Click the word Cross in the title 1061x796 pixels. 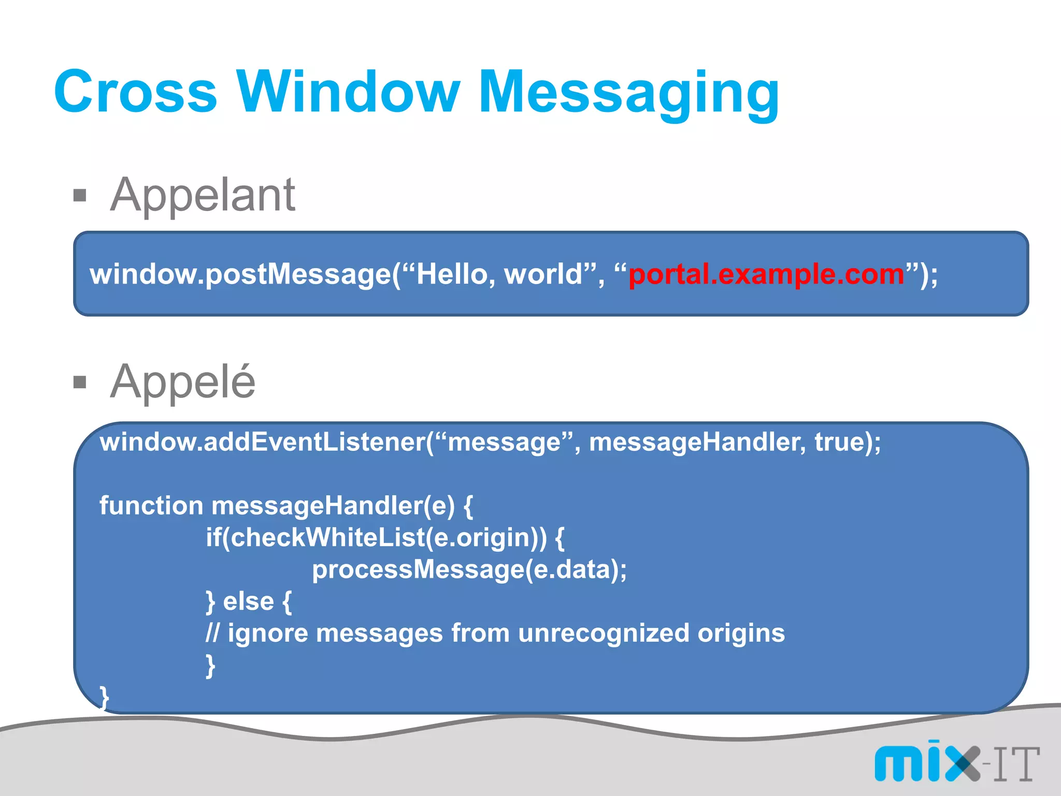[136, 92]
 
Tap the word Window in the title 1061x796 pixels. [348, 92]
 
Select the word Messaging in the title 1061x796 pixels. [628, 93]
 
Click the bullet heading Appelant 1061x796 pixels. [203, 195]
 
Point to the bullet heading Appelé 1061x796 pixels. [183, 382]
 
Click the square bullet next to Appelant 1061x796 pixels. [80, 196]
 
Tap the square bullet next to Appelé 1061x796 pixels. [80, 382]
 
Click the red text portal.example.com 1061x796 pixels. [766, 274]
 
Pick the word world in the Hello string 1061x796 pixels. [543, 274]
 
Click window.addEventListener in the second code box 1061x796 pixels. [263, 442]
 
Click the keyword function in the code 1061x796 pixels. [151, 505]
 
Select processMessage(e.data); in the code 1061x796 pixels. [469, 570]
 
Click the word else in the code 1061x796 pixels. [248, 602]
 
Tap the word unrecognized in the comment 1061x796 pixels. [604, 633]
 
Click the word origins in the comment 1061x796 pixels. [741, 633]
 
